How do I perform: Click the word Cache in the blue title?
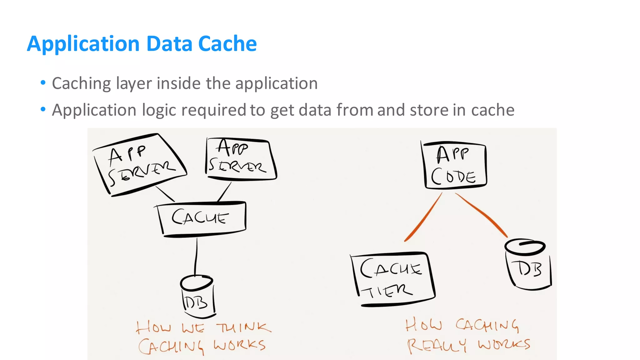coord(227,43)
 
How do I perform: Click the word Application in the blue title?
coord(83,43)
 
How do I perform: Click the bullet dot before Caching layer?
coord(43,83)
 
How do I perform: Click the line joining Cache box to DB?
coord(196,256)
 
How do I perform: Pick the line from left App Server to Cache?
coord(165,194)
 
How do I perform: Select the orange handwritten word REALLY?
coord(436,346)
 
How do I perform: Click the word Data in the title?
coord(169,43)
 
